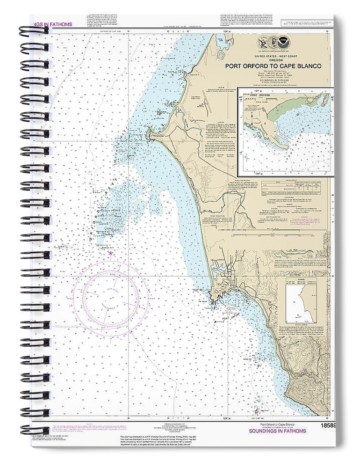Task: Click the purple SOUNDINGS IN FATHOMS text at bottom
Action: coord(277,431)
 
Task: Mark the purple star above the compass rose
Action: coord(111,253)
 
